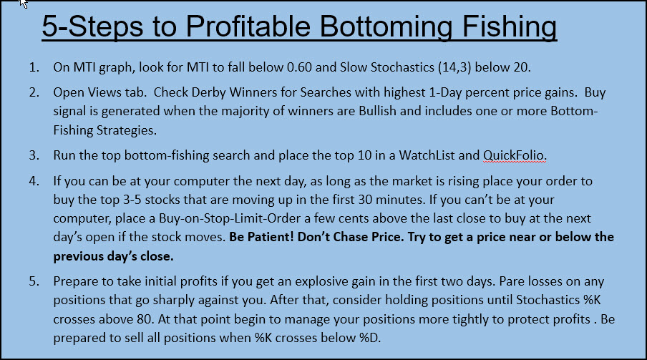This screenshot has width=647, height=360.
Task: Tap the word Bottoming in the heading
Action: pos(386,28)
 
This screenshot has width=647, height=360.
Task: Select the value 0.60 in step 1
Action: pos(299,67)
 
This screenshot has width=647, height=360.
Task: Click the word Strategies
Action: pos(126,130)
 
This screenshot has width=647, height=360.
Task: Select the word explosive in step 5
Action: pos(321,281)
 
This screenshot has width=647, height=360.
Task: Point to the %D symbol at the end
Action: pos(370,338)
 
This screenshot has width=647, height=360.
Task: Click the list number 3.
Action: pos(34,155)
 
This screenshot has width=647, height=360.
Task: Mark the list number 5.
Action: pos(34,281)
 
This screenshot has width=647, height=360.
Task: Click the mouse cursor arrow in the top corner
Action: pos(24,4)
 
